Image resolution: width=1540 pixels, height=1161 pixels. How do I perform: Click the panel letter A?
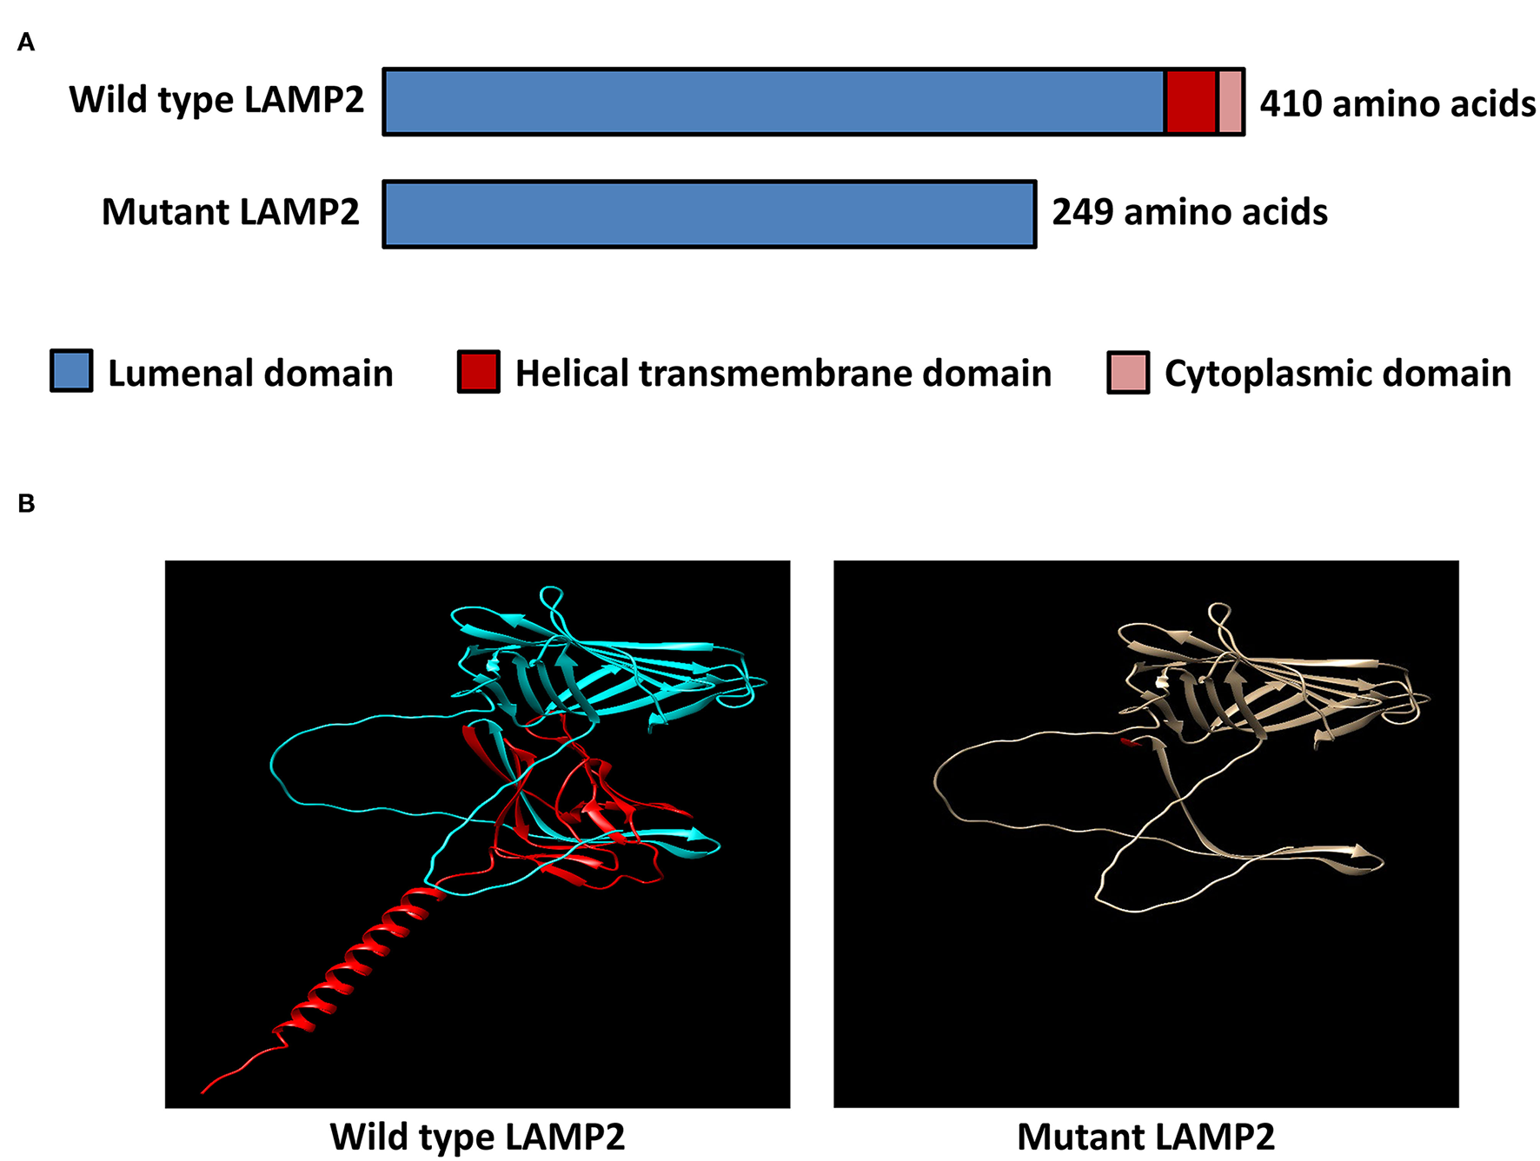[26, 43]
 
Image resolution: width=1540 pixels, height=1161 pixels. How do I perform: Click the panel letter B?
[26, 503]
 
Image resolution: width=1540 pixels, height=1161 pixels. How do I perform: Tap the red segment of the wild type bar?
[1191, 103]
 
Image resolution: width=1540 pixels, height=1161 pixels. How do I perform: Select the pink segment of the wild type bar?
[1230, 103]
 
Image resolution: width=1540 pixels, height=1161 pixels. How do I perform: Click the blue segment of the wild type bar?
[773, 103]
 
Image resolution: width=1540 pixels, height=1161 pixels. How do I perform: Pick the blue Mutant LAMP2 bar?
[709, 215]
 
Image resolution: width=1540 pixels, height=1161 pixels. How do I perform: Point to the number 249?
[1083, 213]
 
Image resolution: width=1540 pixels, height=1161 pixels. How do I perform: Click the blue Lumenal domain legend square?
[71, 372]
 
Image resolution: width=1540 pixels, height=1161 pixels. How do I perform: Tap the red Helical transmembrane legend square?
[478, 372]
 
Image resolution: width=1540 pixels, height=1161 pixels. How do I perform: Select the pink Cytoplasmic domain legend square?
[1128, 373]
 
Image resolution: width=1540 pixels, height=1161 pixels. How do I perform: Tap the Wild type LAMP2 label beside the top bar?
[216, 101]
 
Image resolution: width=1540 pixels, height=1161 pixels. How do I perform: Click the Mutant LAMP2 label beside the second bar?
[230, 213]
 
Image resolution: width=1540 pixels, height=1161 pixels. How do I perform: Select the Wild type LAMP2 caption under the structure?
[477, 1137]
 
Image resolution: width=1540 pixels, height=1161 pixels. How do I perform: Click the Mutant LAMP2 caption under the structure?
[1145, 1137]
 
